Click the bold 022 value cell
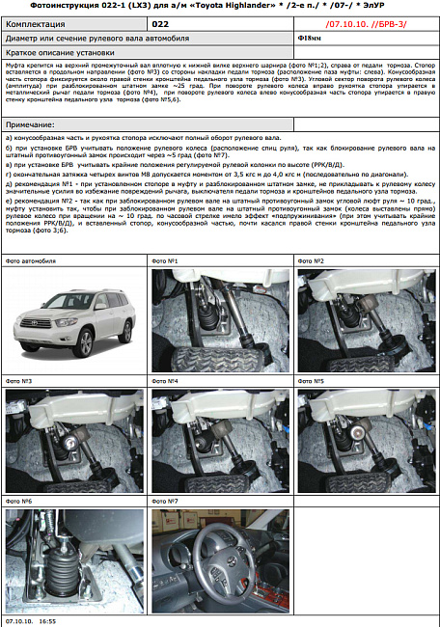161,20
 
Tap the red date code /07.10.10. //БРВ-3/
364,20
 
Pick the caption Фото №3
19,381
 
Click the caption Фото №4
165,381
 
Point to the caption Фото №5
310,381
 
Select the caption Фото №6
19,502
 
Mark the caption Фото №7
165,502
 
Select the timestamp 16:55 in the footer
46,622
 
